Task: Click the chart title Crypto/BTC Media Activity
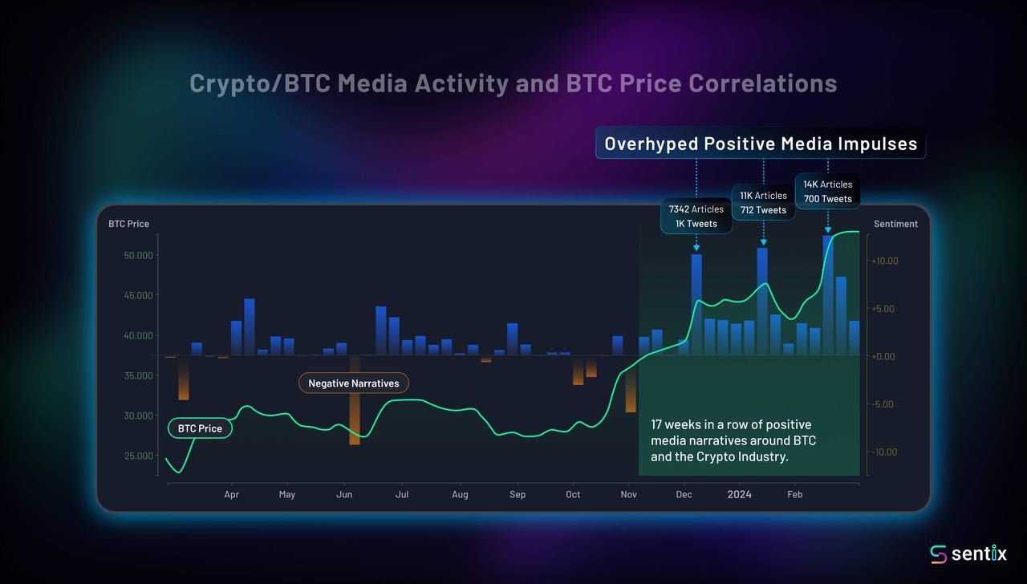pos(513,83)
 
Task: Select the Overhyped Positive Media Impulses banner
pos(760,144)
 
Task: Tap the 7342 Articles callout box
pos(696,217)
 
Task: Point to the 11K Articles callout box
pos(763,202)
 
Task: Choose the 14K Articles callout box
pos(827,192)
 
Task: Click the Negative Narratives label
pos(353,383)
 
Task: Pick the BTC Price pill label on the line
pos(199,428)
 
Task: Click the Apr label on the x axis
pos(231,494)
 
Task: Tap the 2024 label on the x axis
pos(739,494)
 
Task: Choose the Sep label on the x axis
pos(518,494)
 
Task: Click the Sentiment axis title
pos(895,224)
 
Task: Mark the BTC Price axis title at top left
pos(128,224)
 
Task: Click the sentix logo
pos(968,554)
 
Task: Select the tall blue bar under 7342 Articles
pos(696,305)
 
